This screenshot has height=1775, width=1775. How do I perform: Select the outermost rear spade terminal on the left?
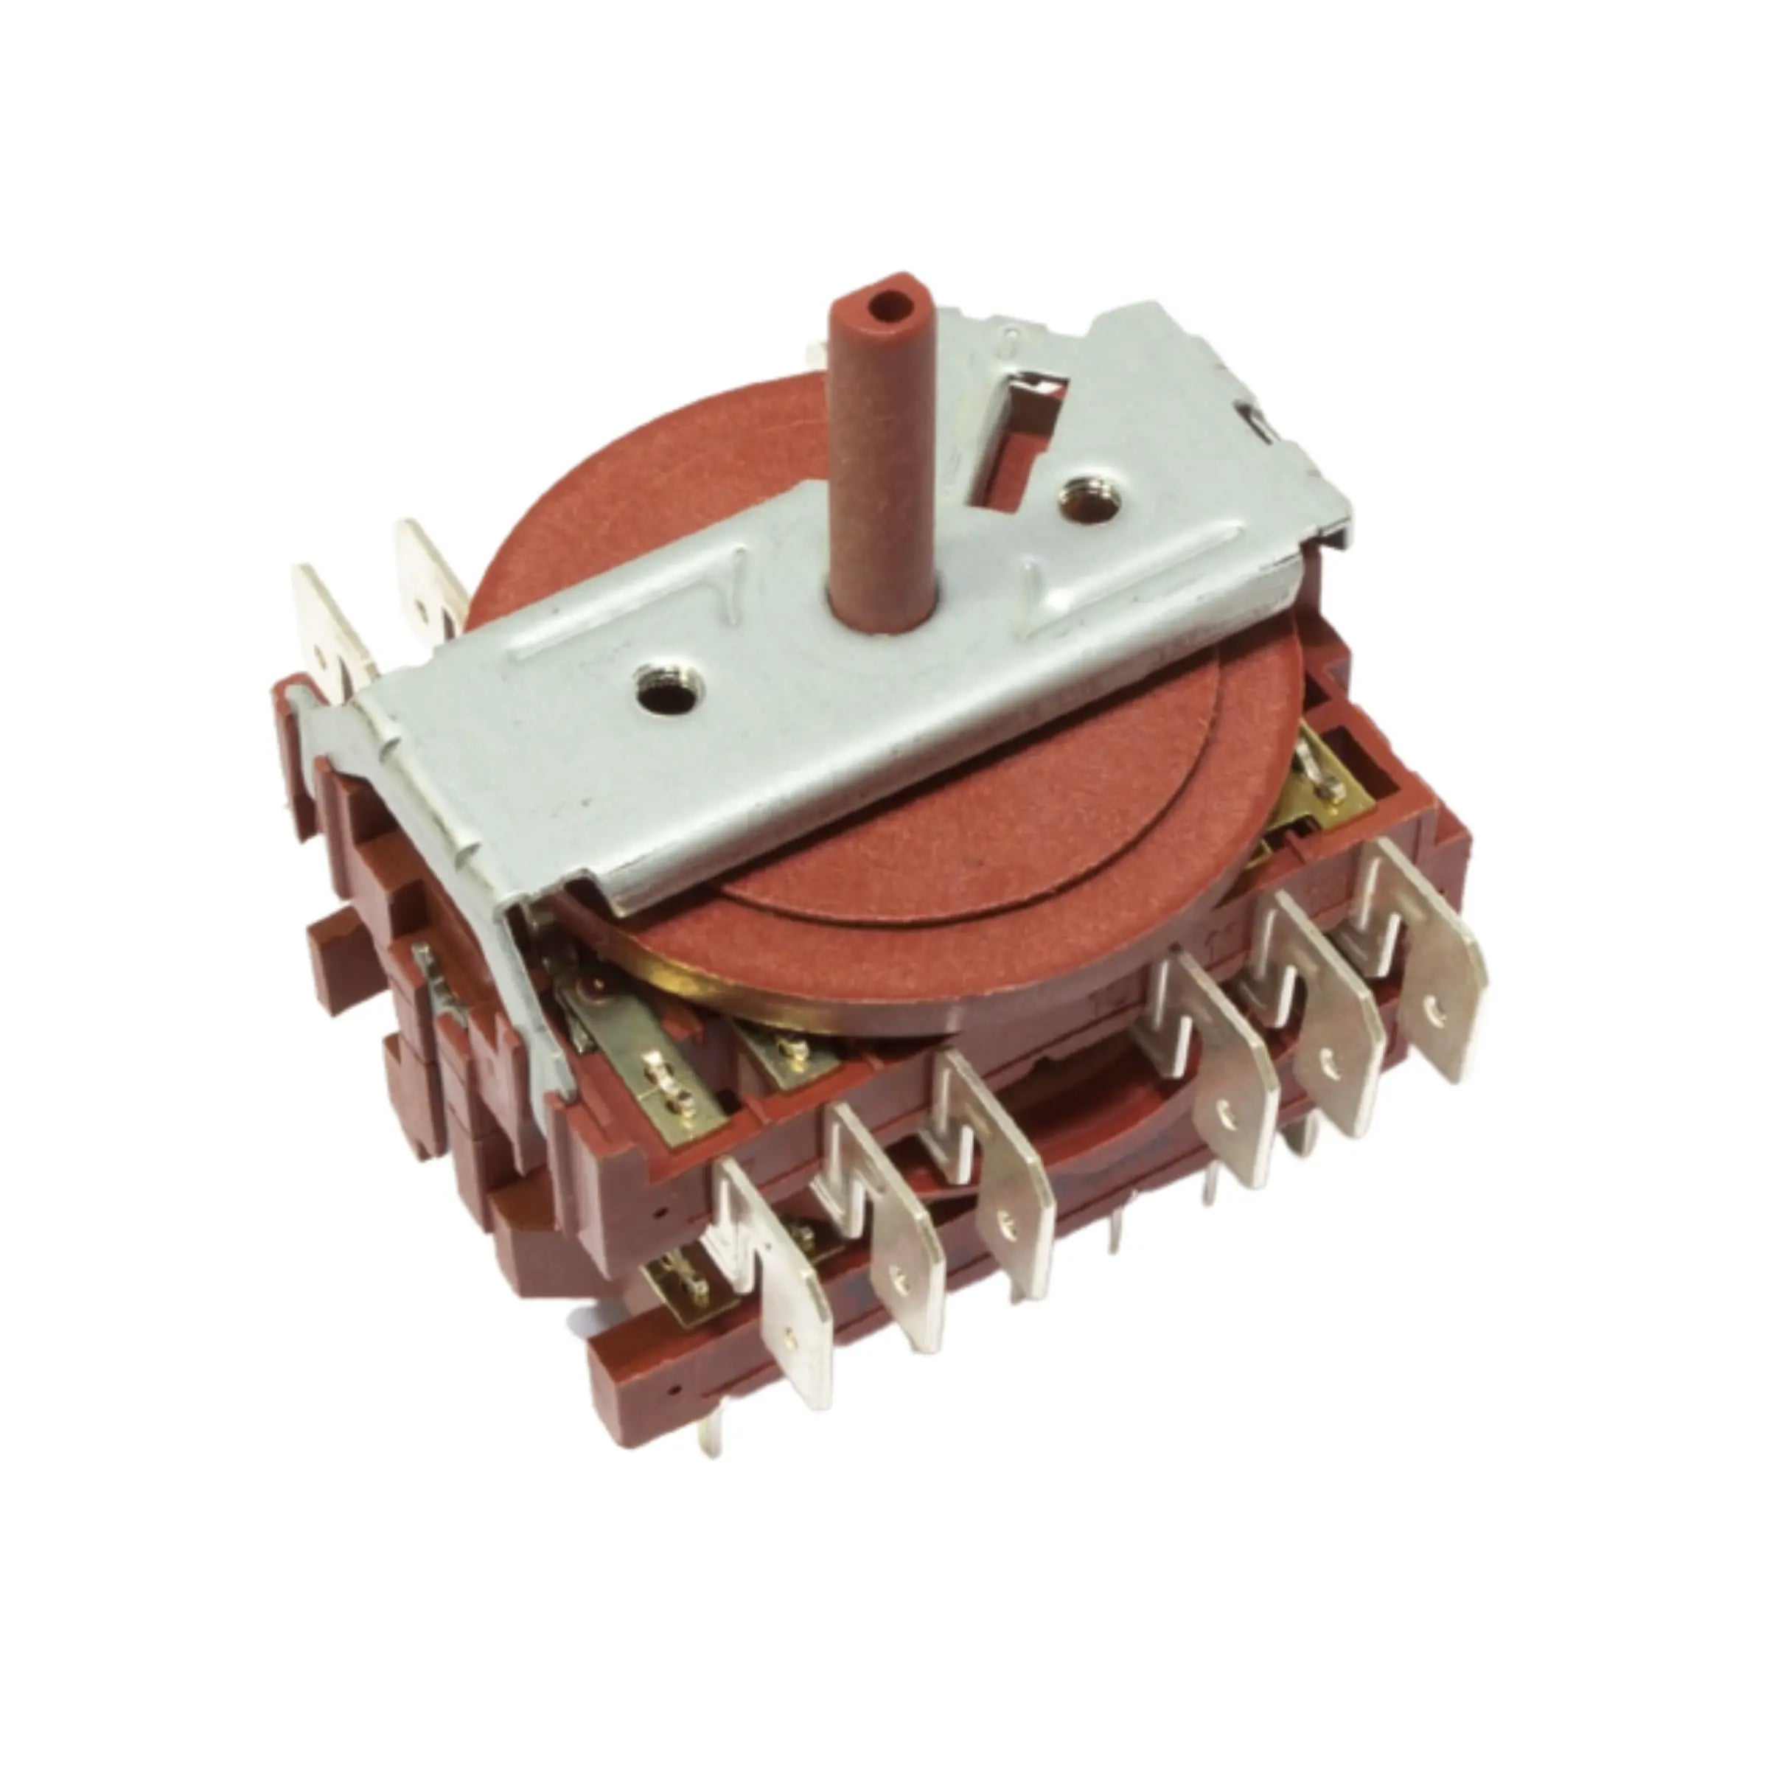[326, 634]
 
